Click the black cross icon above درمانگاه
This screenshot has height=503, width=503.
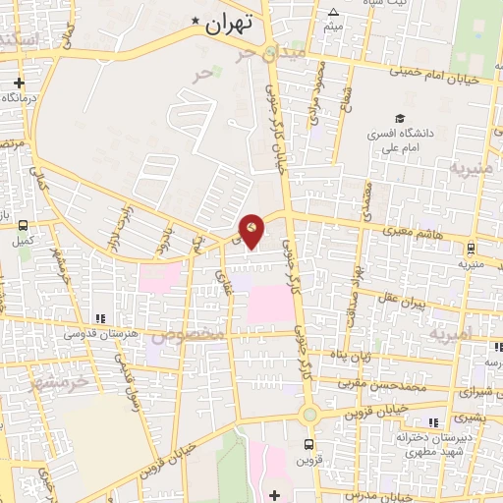click(19, 83)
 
